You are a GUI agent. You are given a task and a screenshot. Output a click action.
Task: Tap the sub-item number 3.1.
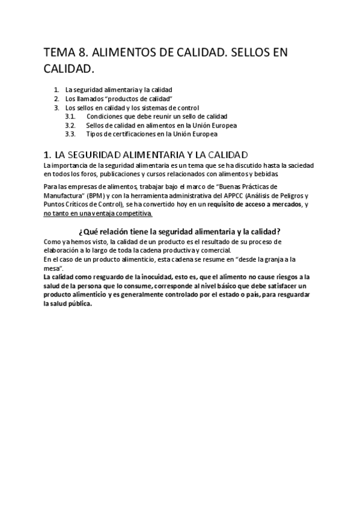click(x=70, y=116)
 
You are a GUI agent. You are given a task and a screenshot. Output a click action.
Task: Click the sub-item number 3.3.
click(x=70, y=134)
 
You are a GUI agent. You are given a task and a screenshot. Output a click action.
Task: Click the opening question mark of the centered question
click(x=81, y=232)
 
